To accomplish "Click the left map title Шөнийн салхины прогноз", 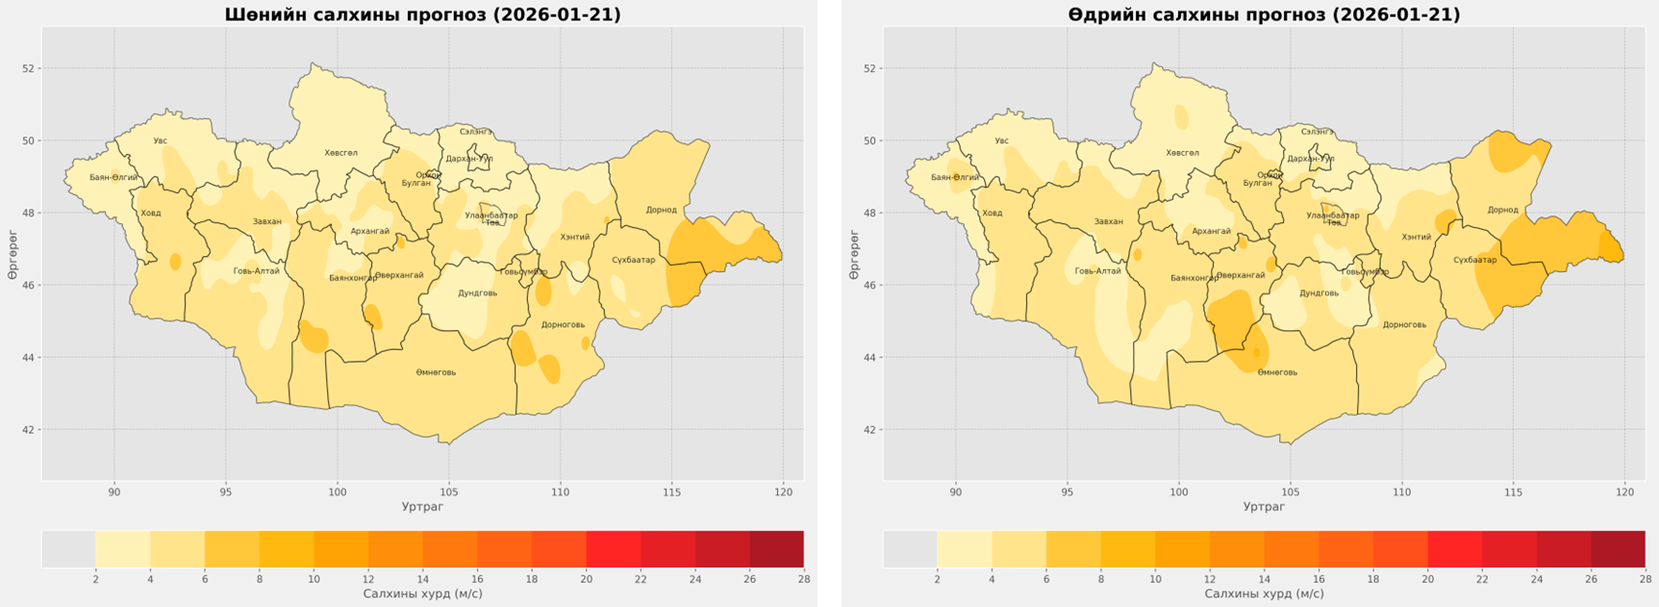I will click(422, 14).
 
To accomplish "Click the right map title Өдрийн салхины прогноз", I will click(1264, 14).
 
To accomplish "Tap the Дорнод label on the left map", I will click(661, 210).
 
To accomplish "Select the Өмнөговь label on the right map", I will click(1277, 372).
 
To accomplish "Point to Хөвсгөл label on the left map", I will click(340, 153).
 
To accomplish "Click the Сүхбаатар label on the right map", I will click(1474, 260).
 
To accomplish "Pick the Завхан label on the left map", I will click(266, 222).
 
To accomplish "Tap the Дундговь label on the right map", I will click(1319, 293).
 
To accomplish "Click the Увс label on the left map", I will click(160, 141).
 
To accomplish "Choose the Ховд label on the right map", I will click(993, 213).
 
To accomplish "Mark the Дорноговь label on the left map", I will click(563, 325).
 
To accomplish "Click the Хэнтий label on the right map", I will click(1416, 237).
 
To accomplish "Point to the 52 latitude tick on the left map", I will click(28, 68).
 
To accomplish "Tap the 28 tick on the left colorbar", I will click(803, 579).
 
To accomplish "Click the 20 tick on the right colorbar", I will click(1427, 579).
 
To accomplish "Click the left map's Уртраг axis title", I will click(422, 507).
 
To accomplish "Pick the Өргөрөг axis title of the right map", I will click(854, 256).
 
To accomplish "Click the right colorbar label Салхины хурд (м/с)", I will click(1264, 594).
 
